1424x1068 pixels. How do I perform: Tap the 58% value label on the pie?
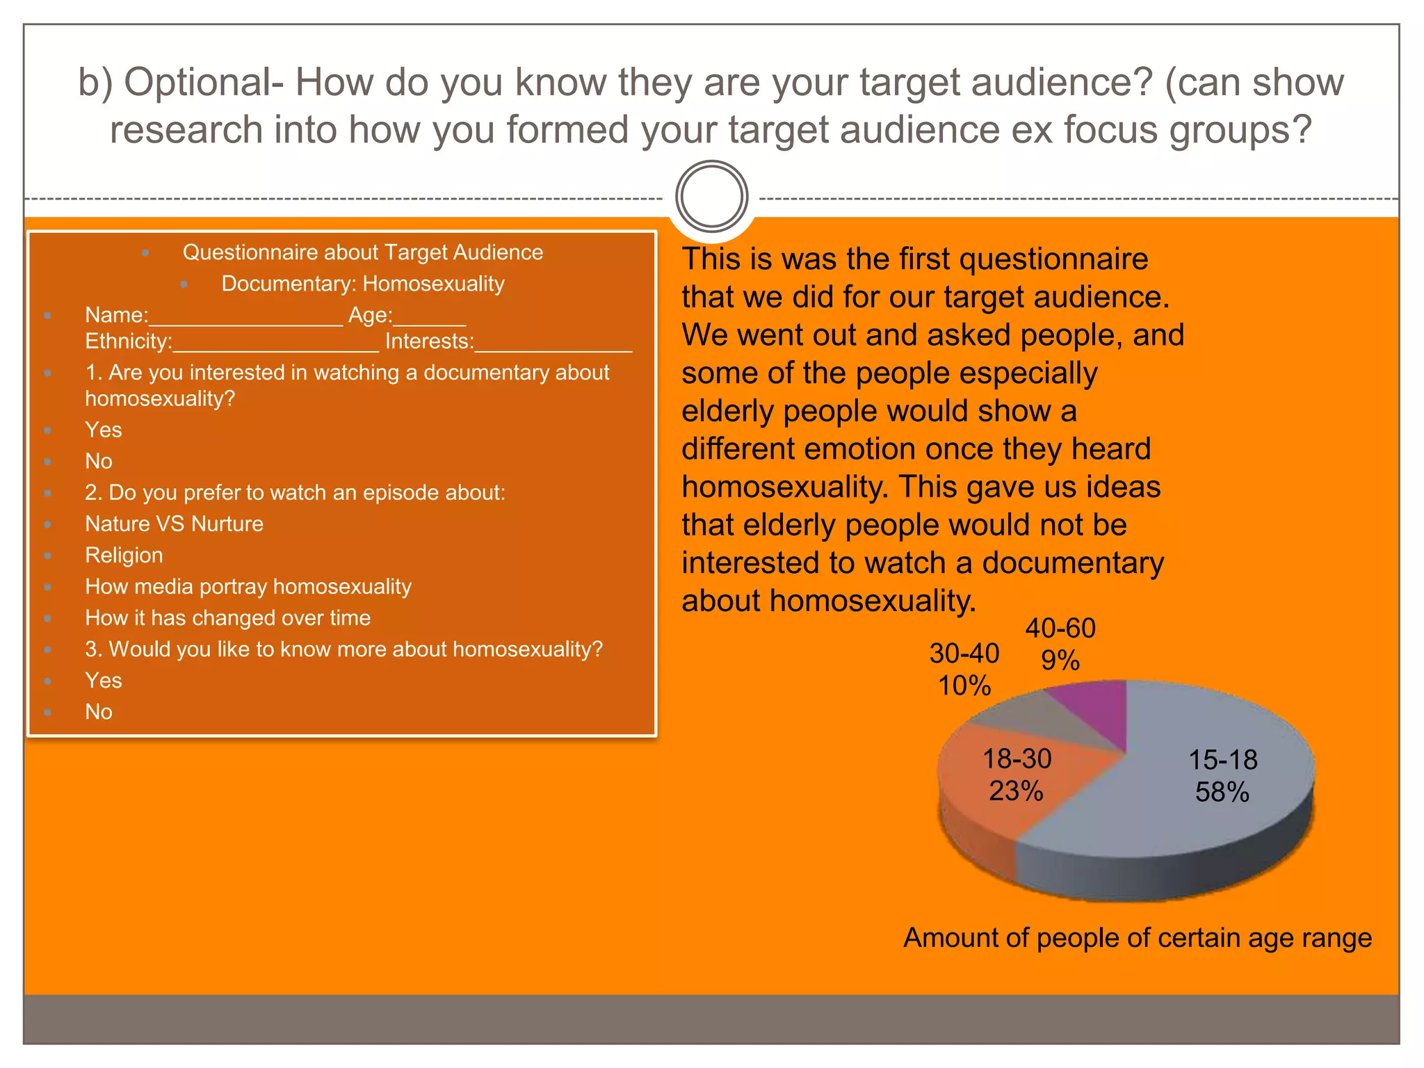click(1222, 792)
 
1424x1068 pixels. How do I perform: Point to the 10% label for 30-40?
click(964, 686)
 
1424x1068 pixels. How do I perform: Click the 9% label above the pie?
click(1060, 660)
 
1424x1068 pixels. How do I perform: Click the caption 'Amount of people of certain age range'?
click(1137, 938)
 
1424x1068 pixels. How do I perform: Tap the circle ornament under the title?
click(711, 197)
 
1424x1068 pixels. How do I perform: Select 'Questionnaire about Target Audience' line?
click(362, 252)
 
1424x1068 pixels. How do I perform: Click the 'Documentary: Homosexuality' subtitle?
click(362, 284)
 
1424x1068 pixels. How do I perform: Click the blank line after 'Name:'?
click(246, 320)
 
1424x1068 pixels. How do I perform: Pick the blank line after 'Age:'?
click(429, 320)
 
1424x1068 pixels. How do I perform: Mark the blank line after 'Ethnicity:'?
click(275, 346)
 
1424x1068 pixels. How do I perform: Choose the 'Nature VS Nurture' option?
click(174, 524)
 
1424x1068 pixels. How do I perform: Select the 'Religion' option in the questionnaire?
click(124, 555)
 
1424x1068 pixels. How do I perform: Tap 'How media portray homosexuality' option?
click(248, 586)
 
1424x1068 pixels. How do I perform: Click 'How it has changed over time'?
click(227, 617)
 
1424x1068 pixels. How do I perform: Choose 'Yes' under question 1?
click(103, 430)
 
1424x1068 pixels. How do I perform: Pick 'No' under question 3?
click(98, 711)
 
